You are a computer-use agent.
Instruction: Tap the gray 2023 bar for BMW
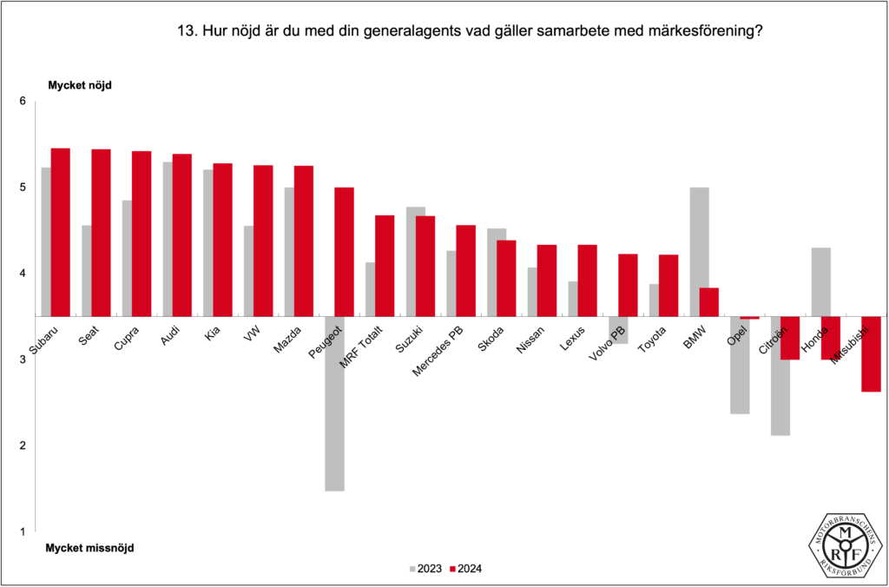(x=699, y=252)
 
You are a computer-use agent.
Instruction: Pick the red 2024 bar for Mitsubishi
(x=872, y=353)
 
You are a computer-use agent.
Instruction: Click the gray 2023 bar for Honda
(x=820, y=282)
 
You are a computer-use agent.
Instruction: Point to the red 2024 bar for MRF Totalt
(x=385, y=266)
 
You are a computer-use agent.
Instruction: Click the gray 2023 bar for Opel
(x=740, y=365)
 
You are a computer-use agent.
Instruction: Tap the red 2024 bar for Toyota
(x=668, y=285)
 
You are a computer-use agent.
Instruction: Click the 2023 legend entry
(x=425, y=569)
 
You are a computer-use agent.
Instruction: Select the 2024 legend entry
(x=466, y=569)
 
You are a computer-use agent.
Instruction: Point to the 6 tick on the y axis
(x=23, y=102)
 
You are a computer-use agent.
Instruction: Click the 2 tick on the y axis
(x=23, y=445)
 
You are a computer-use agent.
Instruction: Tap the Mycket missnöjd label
(x=89, y=548)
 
